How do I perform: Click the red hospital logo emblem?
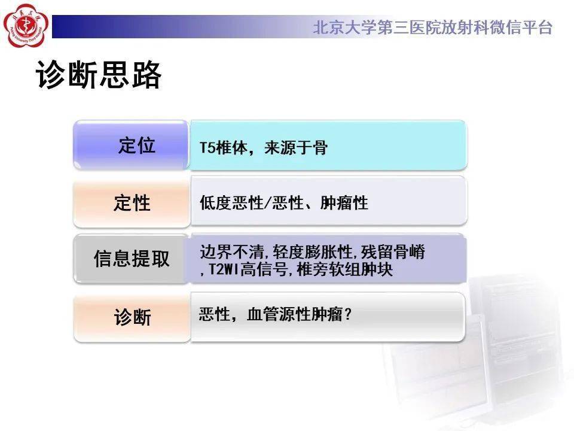25,25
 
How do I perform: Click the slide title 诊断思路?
99,75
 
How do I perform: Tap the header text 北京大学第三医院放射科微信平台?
432,28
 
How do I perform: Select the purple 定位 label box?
132,145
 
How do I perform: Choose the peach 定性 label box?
132,202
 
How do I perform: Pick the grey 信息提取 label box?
132,259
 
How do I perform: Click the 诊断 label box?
132,317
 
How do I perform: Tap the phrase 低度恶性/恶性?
248,203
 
